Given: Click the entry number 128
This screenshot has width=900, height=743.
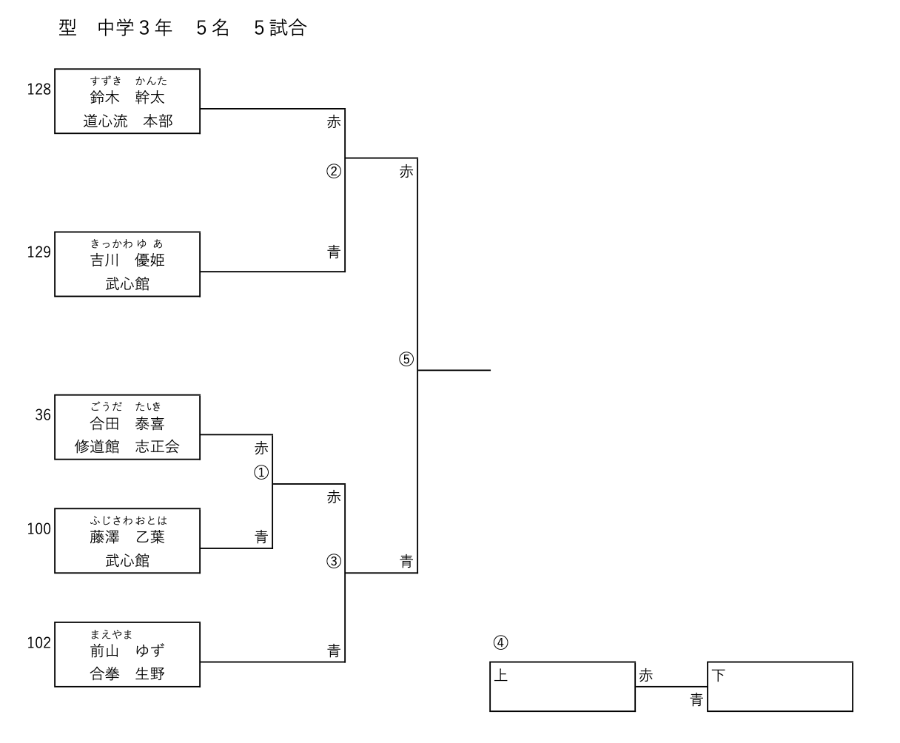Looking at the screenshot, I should pos(39,90).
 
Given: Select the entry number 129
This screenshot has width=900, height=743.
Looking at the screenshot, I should pos(39,252).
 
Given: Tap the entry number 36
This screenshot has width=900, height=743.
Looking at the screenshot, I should pos(43,415).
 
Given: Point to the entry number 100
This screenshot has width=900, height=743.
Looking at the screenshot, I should pos(39,529).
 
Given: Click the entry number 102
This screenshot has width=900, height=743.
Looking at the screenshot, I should pos(39,643).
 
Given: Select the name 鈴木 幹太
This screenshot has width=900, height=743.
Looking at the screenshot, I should pos(127,98).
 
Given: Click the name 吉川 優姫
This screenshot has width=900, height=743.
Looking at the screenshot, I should pos(127,260).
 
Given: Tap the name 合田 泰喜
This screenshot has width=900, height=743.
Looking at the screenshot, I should pos(127,424).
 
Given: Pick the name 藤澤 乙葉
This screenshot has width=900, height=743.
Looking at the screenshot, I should pos(127,537).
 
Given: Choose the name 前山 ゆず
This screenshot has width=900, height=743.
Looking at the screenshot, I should pos(127,651).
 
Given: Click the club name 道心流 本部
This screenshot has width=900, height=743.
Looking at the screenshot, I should pos(127,121).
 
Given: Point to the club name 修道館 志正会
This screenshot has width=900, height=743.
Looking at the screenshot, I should pos(127,447).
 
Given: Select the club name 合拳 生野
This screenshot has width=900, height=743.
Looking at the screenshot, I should pos(127,674).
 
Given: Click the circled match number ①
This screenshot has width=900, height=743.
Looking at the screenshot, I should pos(261,472).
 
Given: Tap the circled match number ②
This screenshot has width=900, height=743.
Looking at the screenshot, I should pos(334,172).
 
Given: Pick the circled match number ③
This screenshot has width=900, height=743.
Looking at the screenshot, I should pos(334,561).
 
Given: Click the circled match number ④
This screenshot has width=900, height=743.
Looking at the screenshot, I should pos(501,642).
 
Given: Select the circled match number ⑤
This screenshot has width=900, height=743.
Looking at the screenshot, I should pos(406,360).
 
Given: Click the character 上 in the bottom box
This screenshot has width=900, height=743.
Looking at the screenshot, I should pos(501,675).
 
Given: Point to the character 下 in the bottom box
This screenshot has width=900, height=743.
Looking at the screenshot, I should pos(719,675).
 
